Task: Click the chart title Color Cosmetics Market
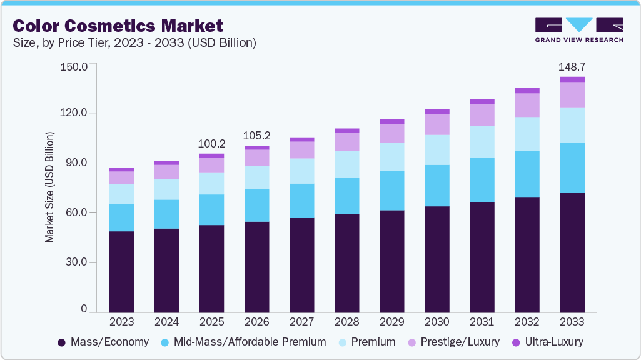118,26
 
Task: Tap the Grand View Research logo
578,30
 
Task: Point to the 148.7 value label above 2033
572,66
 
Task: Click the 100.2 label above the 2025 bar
211,143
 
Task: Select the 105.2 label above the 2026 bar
257,136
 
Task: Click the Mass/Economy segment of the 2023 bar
121,271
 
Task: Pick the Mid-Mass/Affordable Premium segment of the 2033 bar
572,168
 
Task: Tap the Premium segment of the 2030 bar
437,149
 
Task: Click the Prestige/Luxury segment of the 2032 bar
527,105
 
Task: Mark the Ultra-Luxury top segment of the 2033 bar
572,79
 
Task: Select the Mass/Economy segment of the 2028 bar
346,262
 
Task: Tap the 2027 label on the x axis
301,322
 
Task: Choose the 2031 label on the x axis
482,322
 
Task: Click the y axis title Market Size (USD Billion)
49,187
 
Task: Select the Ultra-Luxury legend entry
547,342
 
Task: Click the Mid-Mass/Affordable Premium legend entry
244,342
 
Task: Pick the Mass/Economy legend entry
103,342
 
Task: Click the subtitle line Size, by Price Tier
134,43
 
